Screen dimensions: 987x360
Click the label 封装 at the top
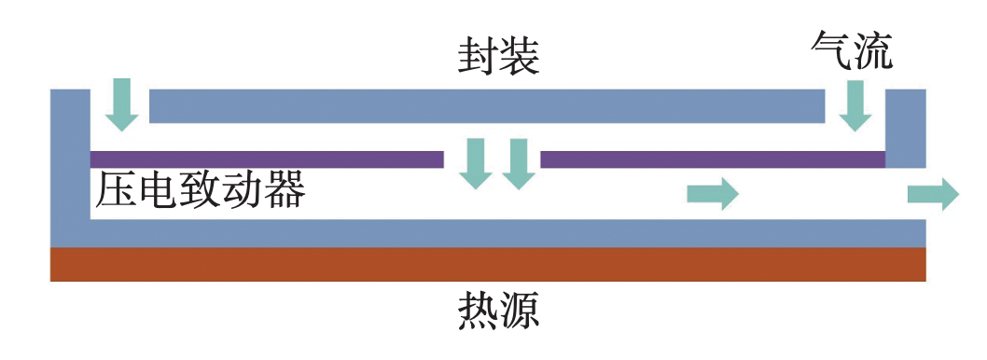click(x=498, y=58)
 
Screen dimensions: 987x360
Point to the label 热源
click(x=498, y=311)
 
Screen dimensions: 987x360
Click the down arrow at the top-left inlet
click(x=121, y=104)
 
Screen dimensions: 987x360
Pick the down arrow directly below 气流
click(x=855, y=105)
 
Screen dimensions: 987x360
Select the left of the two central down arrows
click(x=475, y=163)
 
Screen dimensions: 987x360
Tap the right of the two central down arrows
click(x=519, y=163)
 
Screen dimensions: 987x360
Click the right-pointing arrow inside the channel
click(x=713, y=194)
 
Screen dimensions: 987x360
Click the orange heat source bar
click(x=488, y=264)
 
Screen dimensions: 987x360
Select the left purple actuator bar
click(x=267, y=159)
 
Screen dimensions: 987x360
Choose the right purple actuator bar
click(x=713, y=159)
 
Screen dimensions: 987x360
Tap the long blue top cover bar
click(x=487, y=106)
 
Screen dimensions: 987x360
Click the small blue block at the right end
click(x=905, y=129)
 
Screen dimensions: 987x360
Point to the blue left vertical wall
click(x=70, y=163)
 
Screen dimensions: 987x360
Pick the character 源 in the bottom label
click(x=520, y=311)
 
